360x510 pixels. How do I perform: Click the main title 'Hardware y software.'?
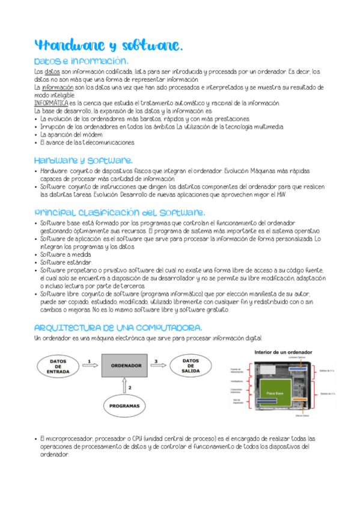point(108,46)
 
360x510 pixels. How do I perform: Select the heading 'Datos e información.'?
point(81,61)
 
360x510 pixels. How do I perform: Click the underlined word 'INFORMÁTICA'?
point(51,103)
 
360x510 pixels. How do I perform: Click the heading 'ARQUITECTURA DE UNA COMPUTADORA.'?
point(118,328)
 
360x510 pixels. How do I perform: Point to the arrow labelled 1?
point(89,366)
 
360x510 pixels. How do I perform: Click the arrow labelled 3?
point(158,366)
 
